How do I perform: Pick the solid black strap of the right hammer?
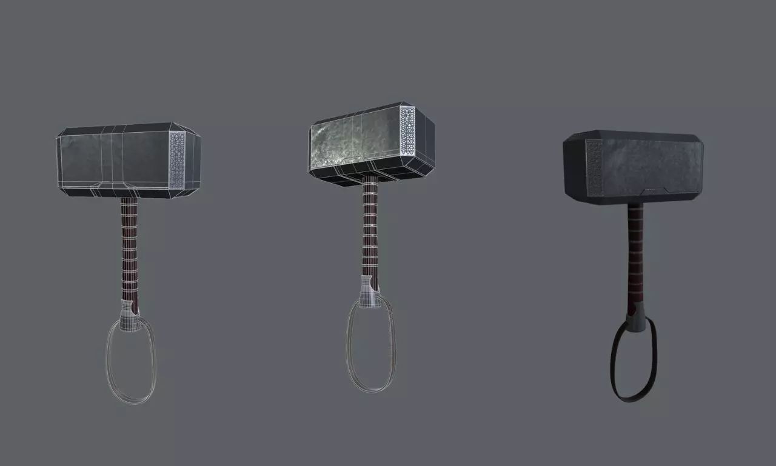614,364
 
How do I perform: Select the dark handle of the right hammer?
635,255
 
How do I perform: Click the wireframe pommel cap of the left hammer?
129,316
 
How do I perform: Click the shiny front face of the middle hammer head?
355,141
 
